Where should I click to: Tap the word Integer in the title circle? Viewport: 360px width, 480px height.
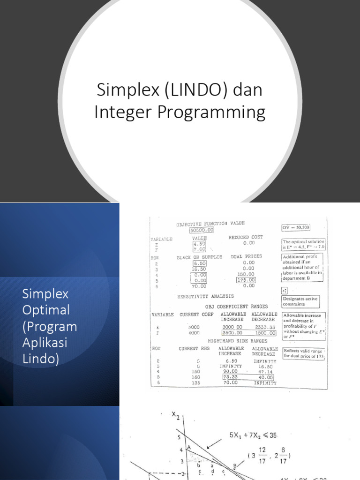121,112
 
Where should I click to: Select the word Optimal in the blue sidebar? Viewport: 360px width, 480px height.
46,310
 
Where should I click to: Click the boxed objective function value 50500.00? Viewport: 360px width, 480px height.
202,230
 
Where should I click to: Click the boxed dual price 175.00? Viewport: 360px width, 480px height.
246,280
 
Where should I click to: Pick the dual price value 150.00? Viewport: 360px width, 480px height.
246,274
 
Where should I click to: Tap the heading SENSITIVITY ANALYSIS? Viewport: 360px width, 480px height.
205,296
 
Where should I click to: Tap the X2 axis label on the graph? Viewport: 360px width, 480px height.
176,415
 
